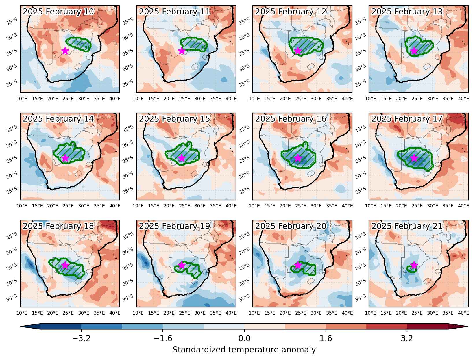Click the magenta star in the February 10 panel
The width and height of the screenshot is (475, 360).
[x=65, y=51]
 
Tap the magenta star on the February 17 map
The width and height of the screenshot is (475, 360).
[x=414, y=158]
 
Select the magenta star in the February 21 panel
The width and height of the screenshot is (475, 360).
[x=414, y=265]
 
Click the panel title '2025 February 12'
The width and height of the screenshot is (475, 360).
[x=291, y=12]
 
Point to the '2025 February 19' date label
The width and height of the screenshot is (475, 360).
[x=174, y=226]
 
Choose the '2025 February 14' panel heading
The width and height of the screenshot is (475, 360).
[x=58, y=119]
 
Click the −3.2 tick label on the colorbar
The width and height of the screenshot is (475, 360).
[x=81, y=338]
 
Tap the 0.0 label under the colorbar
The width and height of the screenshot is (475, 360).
[x=244, y=338]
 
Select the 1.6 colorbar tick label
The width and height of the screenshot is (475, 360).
[x=326, y=338]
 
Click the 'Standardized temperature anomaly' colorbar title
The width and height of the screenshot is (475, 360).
[x=244, y=350]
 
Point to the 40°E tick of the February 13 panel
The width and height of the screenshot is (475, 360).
[x=463, y=99]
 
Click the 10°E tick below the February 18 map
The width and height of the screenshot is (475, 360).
[x=22, y=313]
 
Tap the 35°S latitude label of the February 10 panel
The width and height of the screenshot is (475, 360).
[x=12, y=83]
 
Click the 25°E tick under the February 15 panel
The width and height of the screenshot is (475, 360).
[x=184, y=206]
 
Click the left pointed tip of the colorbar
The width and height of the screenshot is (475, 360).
[x=21, y=326]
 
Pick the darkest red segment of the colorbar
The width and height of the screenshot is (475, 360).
[x=427, y=326]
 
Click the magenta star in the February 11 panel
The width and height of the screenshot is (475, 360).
[x=182, y=51]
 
